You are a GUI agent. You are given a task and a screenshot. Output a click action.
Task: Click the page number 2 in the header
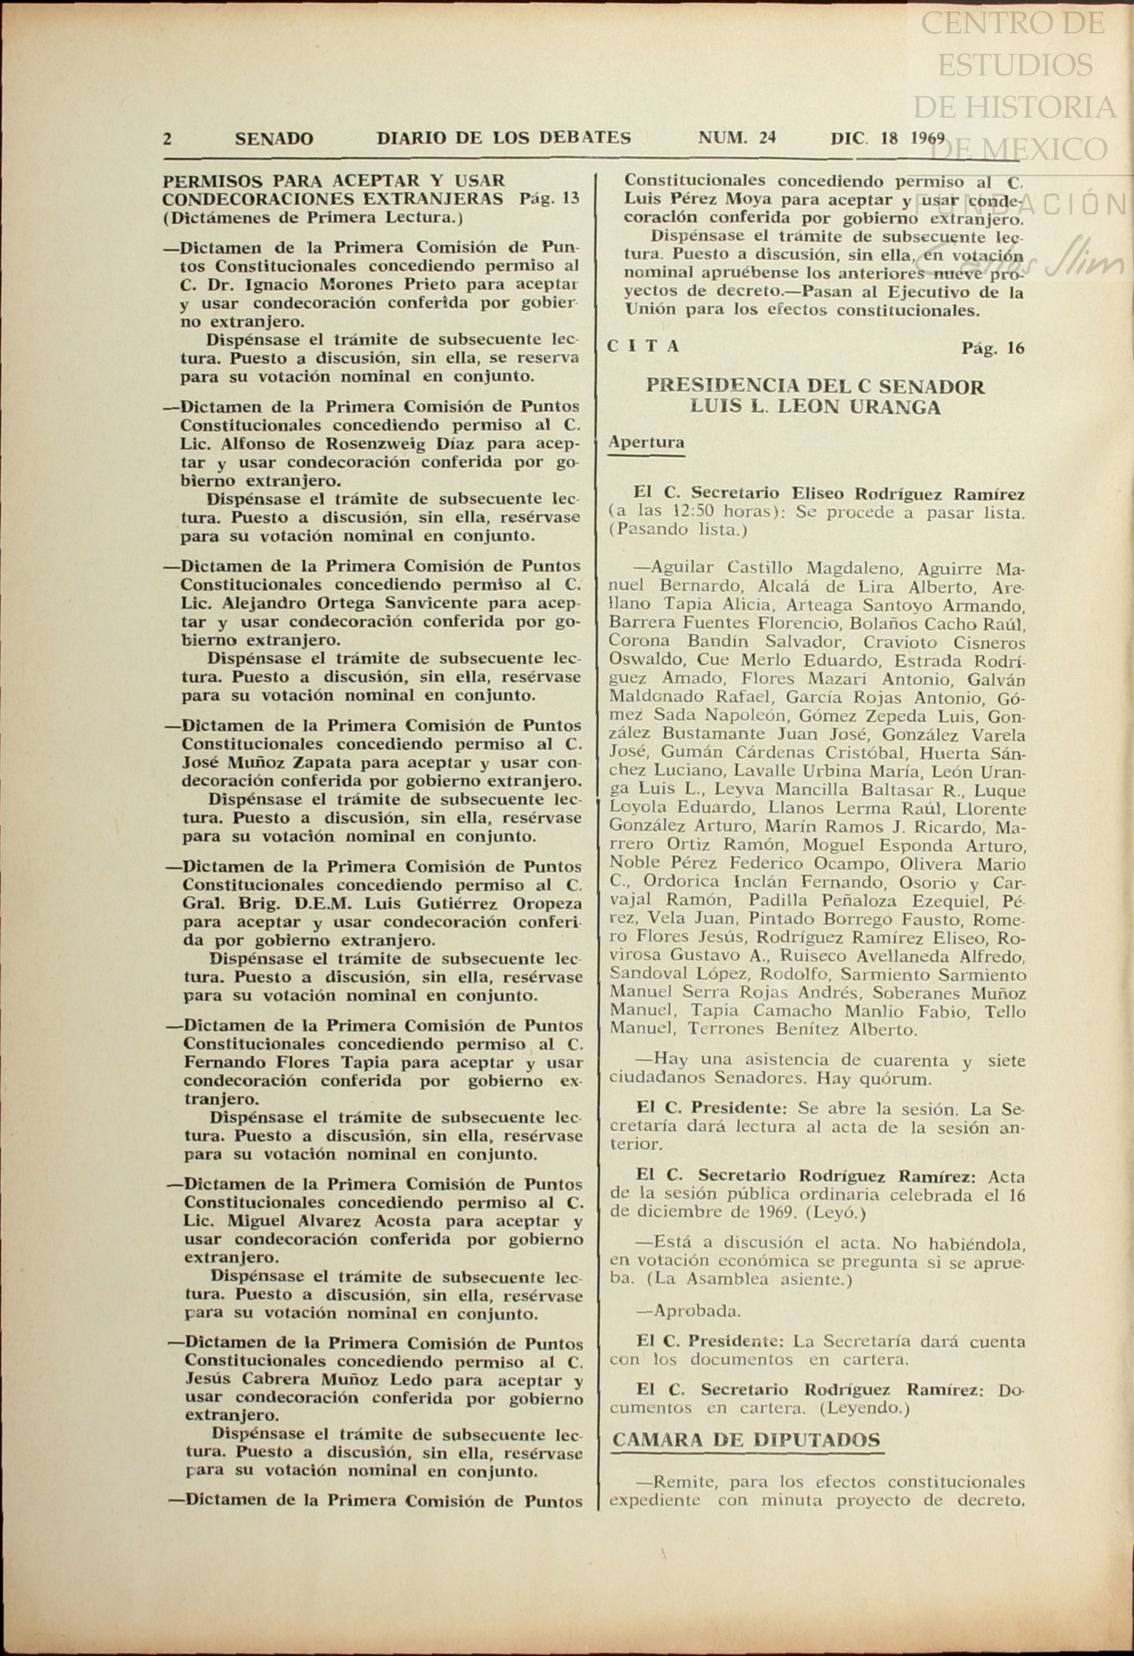pyautogui.click(x=167, y=138)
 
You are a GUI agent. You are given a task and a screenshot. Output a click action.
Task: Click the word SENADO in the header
pyautogui.click(x=274, y=138)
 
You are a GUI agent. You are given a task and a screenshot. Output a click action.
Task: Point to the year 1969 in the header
pyautogui.click(x=923, y=138)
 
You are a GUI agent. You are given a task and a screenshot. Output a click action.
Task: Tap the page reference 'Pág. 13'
pyautogui.click(x=551, y=199)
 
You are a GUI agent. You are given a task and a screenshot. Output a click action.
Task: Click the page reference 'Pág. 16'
pyautogui.click(x=993, y=348)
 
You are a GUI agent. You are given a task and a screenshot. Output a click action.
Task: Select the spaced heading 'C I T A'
pyautogui.click(x=644, y=347)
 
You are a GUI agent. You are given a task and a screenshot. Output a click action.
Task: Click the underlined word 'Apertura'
pyautogui.click(x=646, y=442)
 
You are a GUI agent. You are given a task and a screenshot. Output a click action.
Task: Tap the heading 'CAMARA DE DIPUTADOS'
pyautogui.click(x=746, y=1439)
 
